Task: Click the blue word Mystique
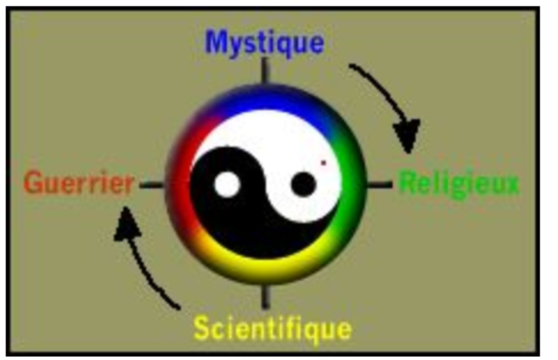tap(264, 43)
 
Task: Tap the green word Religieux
tap(458, 183)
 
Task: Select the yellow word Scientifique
tap(273, 329)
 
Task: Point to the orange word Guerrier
tap(78, 183)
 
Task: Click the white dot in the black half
tap(227, 184)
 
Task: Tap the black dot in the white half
tap(303, 184)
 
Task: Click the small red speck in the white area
tap(323, 163)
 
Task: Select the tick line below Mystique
tap(265, 71)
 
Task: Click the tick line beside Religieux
tap(379, 184)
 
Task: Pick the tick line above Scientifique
tap(265, 296)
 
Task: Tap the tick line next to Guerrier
tap(152, 185)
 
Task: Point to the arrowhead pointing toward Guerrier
tap(127, 223)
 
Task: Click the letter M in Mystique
tap(216, 42)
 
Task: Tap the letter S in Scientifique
tap(201, 328)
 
